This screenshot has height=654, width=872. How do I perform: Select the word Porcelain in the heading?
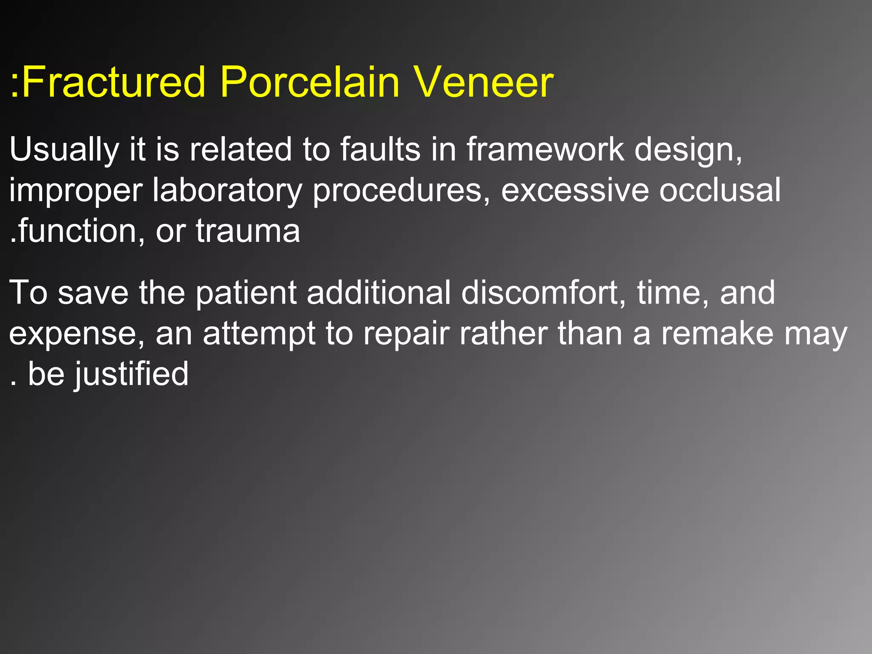click(310, 82)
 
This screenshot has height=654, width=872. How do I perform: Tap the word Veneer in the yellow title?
click(484, 82)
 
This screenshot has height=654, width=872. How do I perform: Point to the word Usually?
click(64, 150)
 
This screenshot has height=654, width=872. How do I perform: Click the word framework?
click(545, 150)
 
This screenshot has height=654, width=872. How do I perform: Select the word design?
click(688, 150)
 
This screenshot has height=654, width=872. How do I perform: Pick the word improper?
click(76, 191)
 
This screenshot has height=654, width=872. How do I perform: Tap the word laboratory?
click(227, 191)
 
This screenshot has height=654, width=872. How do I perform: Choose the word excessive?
click(575, 191)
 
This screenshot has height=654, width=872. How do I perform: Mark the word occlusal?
click(720, 191)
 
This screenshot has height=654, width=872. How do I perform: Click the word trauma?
click(248, 231)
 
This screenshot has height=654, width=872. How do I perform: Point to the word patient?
click(246, 293)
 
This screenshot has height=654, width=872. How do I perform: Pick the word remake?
click(717, 334)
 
